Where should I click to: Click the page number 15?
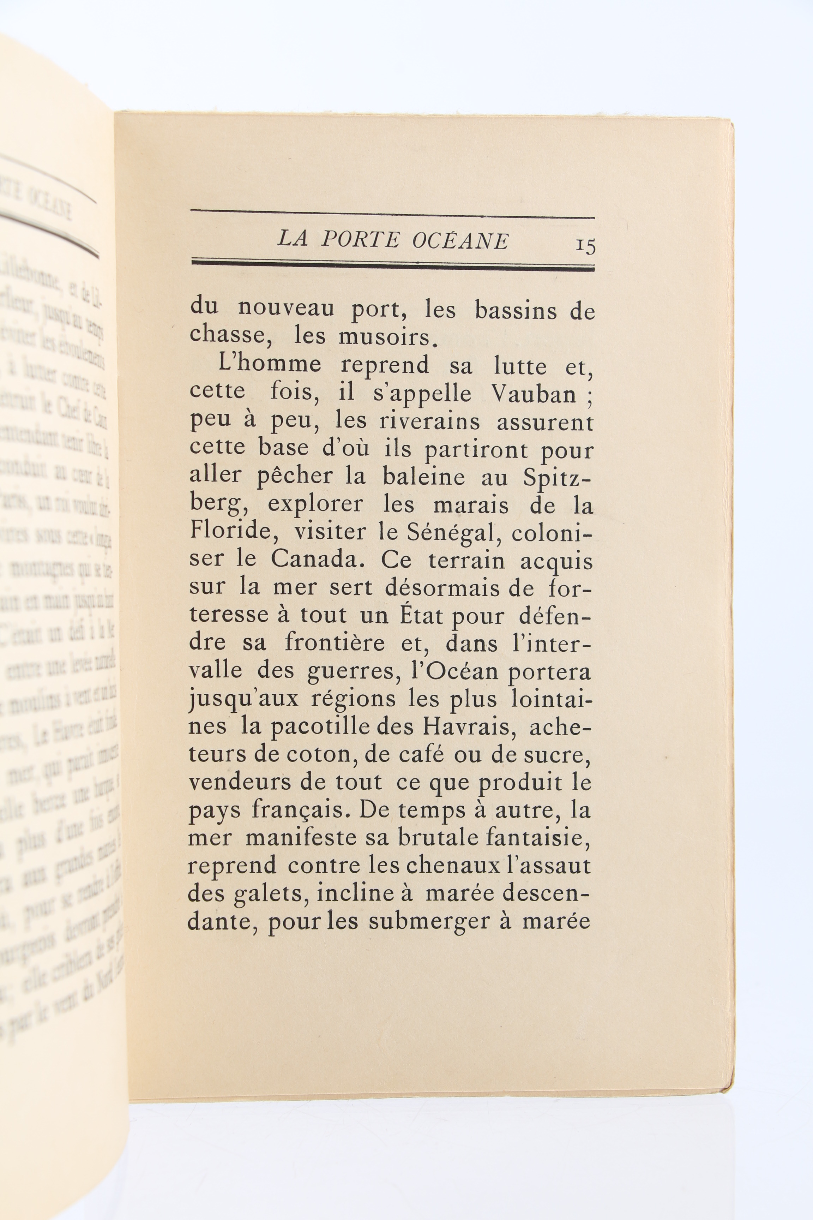tap(585, 245)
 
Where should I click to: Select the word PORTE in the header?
tap(360, 240)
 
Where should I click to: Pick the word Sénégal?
tap(447, 533)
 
